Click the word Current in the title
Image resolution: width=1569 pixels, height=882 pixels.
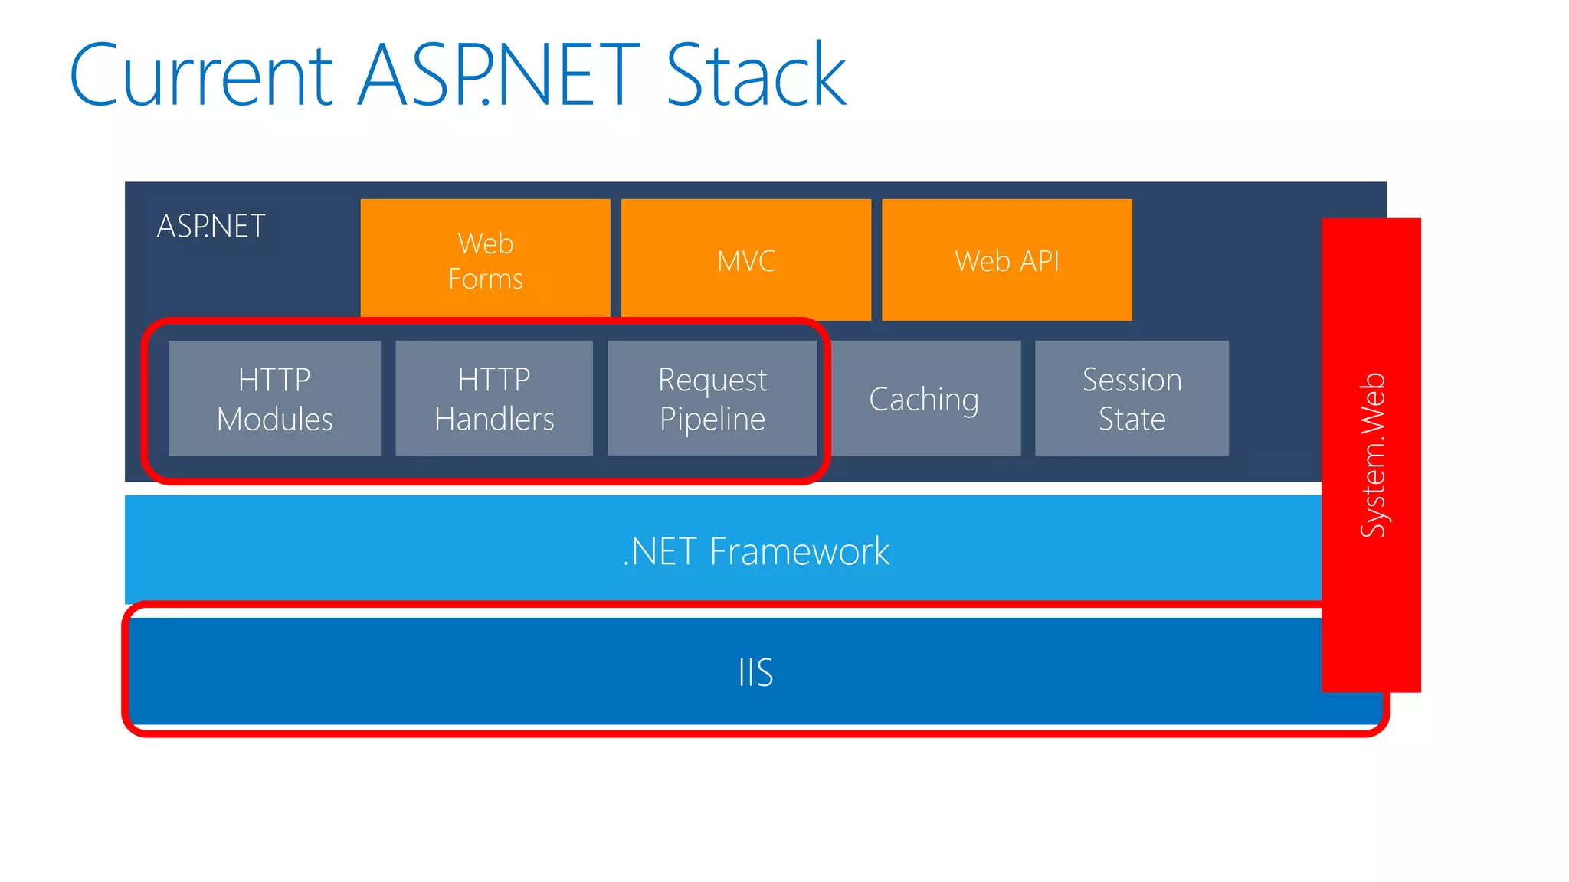(x=201, y=75)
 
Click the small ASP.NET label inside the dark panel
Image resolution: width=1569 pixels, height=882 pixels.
(x=211, y=226)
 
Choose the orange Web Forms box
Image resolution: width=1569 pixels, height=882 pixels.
(x=485, y=260)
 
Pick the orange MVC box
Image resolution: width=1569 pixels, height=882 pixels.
(x=745, y=260)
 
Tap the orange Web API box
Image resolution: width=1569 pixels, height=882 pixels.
(x=1007, y=260)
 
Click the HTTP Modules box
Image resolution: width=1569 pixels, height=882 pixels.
(x=274, y=398)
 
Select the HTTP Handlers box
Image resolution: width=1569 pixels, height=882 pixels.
(x=494, y=398)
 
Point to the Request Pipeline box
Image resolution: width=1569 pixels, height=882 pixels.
(x=712, y=398)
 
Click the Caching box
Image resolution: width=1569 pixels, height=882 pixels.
(x=924, y=398)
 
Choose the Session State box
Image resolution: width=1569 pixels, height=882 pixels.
(x=1132, y=398)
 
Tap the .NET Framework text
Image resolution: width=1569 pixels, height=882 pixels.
(x=755, y=550)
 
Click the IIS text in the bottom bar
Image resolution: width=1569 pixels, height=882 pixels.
(x=755, y=672)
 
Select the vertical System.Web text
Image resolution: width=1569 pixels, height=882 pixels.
(x=1372, y=455)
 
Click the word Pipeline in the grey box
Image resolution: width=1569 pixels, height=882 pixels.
(x=712, y=419)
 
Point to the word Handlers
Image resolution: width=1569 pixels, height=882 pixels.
(x=494, y=419)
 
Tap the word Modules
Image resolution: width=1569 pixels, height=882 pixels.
(x=274, y=419)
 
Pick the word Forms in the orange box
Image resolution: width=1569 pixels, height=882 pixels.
(x=485, y=279)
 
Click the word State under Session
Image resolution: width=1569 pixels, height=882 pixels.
(x=1132, y=419)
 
